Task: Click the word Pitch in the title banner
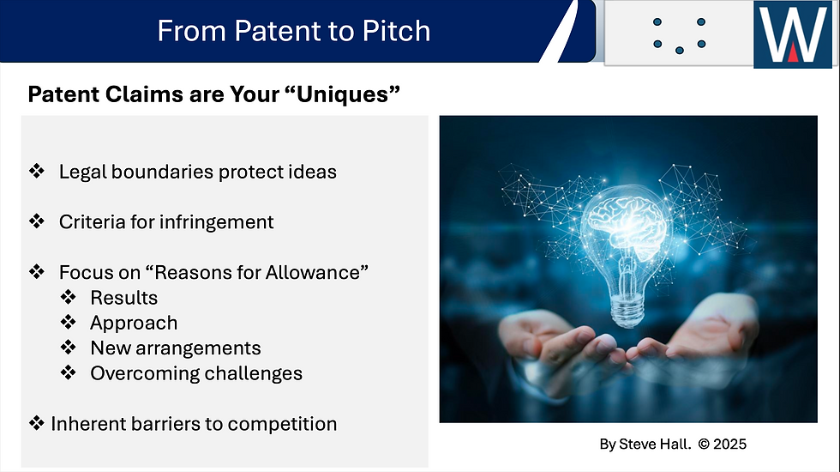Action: coord(396,31)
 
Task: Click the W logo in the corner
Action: coord(793,34)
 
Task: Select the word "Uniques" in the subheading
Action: coord(348,94)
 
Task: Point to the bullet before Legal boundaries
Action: coord(37,171)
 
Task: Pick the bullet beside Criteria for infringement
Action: coord(37,221)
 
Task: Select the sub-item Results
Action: coord(123,298)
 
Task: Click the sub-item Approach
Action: coord(134,324)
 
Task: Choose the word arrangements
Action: coord(198,348)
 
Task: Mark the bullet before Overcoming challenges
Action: coord(69,372)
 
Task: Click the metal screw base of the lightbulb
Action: coord(627,310)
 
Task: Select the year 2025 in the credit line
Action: coord(730,445)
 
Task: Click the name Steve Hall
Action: coord(655,445)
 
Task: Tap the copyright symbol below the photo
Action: coord(704,445)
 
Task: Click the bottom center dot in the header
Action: coord(679,51)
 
